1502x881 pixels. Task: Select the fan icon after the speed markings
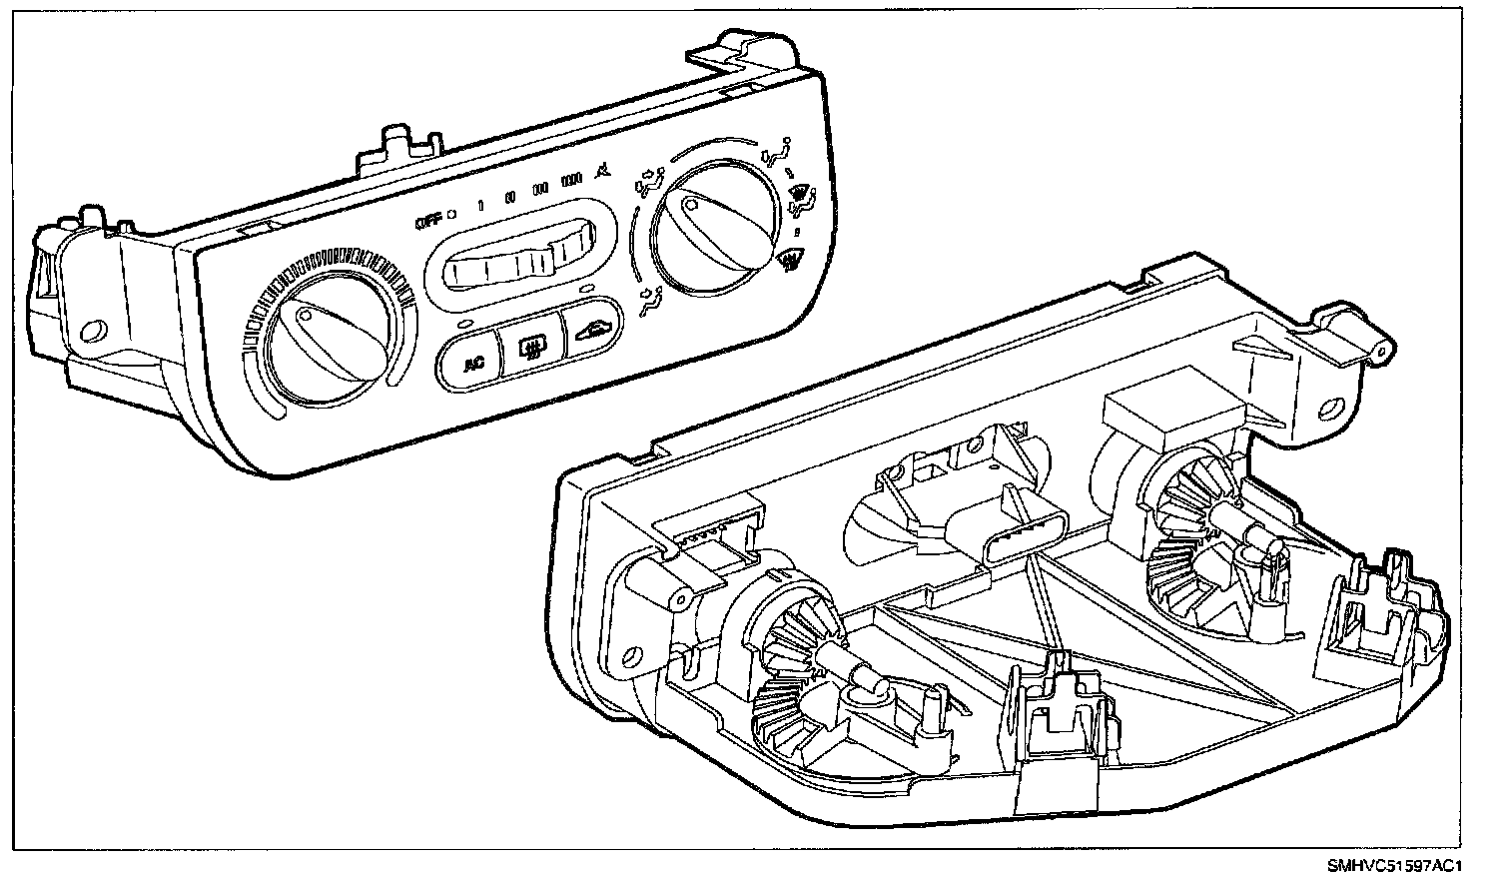601,174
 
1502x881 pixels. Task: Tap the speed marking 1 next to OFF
480,206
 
